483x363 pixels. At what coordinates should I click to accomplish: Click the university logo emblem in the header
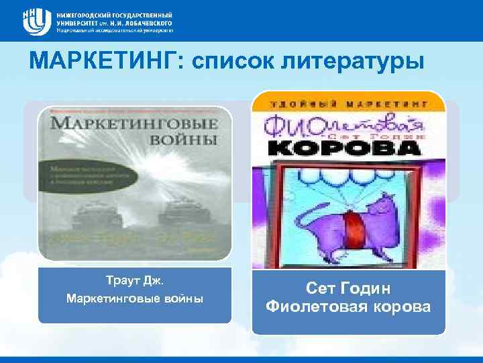point(35,20)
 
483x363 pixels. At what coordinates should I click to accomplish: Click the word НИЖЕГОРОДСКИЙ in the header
point(83,13)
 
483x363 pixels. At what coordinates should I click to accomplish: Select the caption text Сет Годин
point(347,288)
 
